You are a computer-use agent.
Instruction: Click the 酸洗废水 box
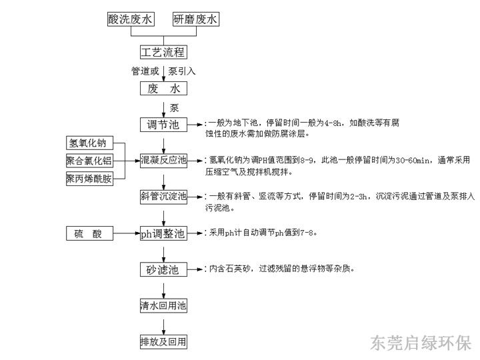pos(131,19)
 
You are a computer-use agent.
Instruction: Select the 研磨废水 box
pos(196,19)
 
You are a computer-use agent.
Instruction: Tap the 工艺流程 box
pos(163,52)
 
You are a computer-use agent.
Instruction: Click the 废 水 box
pos(163,88)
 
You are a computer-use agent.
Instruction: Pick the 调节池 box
pos(163,125)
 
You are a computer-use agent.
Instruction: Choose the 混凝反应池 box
pos(163,160)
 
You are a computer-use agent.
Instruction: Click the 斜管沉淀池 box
pos(163,196)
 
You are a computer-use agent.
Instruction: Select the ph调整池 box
pos(163,233)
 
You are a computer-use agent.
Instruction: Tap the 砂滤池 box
pos(163,269)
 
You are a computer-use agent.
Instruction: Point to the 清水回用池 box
pos(163,306)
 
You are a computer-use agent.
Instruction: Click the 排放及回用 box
pos(163,342)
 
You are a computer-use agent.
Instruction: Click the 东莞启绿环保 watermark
pos(421,342)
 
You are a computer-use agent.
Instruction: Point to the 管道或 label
pos(146,70)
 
